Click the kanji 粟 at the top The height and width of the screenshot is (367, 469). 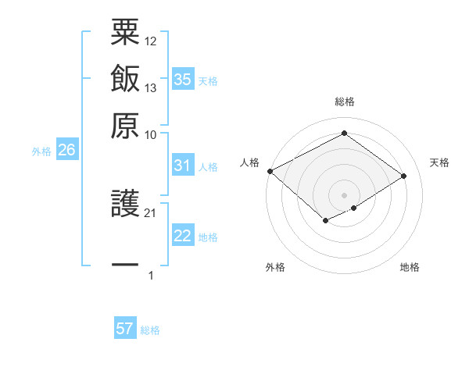coord(125,34)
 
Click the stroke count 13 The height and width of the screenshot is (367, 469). coord(151,87)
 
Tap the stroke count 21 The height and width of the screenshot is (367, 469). coord(151,212)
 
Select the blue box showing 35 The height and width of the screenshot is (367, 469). coord(182,80)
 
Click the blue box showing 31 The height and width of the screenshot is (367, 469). coord(182,166)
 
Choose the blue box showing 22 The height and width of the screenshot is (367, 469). coord(182,237)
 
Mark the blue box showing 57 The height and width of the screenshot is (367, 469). coord(125,329)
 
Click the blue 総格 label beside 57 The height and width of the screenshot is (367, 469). coord(150,330)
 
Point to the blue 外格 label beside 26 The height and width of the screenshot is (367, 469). coord(41,152)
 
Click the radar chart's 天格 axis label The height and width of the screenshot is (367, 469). coord(439,162)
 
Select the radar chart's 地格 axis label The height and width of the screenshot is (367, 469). coord(410,267)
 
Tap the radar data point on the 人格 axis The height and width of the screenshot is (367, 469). coord(270,170)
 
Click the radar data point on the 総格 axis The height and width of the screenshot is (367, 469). coord(344,133)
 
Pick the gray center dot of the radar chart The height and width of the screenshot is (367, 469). coord(344,194)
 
